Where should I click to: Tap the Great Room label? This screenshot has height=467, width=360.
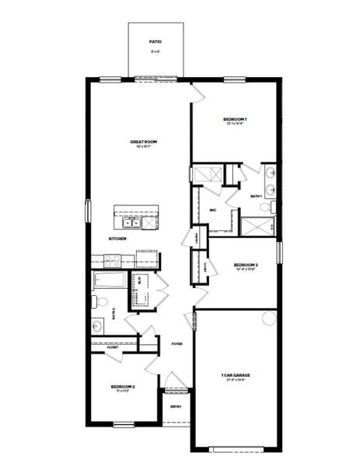(x=144, y=142)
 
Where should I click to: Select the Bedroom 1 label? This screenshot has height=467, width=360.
(x=236, y=118)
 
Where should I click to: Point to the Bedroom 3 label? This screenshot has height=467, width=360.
(x=246, y=265)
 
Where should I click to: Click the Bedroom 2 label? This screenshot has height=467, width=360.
(x=123, y=387)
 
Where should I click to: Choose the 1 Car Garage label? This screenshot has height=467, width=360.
(x=236, y=375)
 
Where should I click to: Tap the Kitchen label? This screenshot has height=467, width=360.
(x=117, y=238)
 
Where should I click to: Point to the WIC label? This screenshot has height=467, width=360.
(x=212, y=209)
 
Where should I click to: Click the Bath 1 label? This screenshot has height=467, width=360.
(x=256, y=196)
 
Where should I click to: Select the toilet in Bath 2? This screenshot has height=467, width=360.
(x=97, y=301)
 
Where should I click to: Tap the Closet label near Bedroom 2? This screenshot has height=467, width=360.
(x=102, y=347)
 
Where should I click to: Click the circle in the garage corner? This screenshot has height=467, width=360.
(x=270, y=317)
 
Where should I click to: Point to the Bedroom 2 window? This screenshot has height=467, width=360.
(x=124, y=424)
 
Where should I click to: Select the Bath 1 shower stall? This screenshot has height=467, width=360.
(x=257, y=226)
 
